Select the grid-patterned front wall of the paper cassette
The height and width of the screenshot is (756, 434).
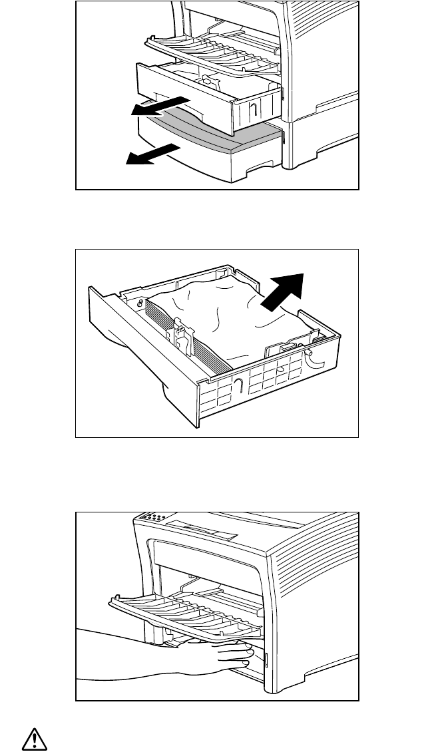point(266,386)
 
